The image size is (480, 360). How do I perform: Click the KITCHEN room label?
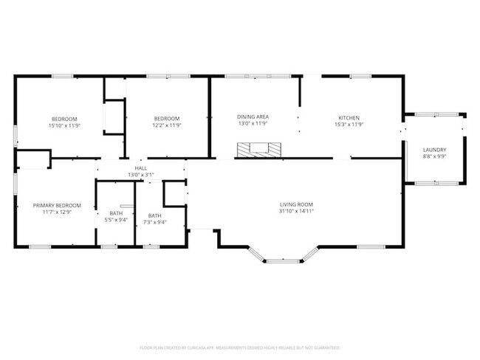click(x=349, y=118)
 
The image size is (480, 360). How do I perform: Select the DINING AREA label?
click(x=253, y=117)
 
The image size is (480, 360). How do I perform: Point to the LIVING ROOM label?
click(x=296, y=204)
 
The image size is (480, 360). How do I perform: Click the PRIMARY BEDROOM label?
click(x=57, y=205)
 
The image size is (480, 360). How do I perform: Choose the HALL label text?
click(x=140, y=168)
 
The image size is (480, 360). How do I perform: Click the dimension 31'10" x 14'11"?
click(x=296, y=211)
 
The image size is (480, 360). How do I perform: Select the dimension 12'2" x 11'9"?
click(x=166, y=125)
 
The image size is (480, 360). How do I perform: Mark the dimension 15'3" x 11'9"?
click(x=349, y=125)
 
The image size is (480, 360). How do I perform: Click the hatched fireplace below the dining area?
click(x=258, y=150)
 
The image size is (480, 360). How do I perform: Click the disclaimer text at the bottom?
click(x=240, y=347)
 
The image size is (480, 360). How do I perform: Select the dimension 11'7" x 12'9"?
click(x=57, y=212)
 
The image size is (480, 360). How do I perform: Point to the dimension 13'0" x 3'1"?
click(x=140, y=175)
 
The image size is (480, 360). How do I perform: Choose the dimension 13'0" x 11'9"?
click(x=253, y=124)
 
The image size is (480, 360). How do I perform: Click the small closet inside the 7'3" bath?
click(x=174, y=193)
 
